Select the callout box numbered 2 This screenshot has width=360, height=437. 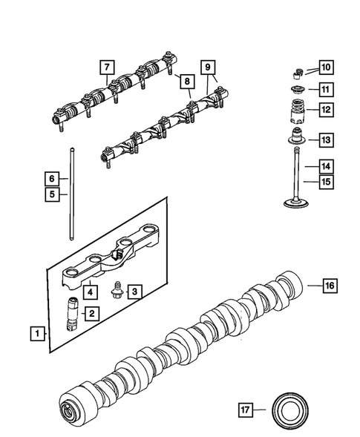click(91, 314)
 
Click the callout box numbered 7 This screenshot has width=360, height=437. click(108, 70)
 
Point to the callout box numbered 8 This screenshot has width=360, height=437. click(187, 80)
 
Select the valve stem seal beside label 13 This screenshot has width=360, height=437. click(296, 139)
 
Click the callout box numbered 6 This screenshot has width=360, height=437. click(51, 178)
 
